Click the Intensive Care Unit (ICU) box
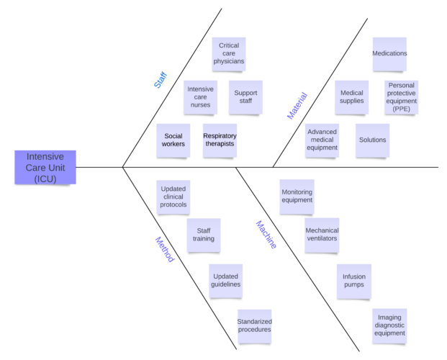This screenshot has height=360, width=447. [45, 168]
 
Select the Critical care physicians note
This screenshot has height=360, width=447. [229, 54]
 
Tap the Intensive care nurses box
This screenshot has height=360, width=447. [200, 97]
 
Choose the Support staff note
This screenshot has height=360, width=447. [245, 97]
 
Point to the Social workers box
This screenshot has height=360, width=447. [173, 140]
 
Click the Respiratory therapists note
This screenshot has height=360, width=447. [220, 140]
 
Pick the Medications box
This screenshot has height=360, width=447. [389, 54]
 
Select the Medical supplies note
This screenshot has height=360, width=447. [352, 97]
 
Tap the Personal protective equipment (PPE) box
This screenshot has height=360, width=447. [401, 97]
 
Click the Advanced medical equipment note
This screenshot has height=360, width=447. [322, 140]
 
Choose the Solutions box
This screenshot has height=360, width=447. [372, 140]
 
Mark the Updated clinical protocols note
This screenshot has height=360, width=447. [173, 197]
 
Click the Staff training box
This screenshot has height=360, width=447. [204, 235]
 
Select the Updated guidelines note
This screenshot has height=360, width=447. [225, 280]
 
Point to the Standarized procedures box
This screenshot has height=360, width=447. [254, 325]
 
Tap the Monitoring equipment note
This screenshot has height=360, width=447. [297, 197]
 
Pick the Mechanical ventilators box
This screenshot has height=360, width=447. [322, 235]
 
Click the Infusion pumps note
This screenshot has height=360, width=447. [353, 280]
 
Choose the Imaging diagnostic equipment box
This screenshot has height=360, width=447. [389, 325]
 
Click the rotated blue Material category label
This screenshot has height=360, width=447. [297, 106]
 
